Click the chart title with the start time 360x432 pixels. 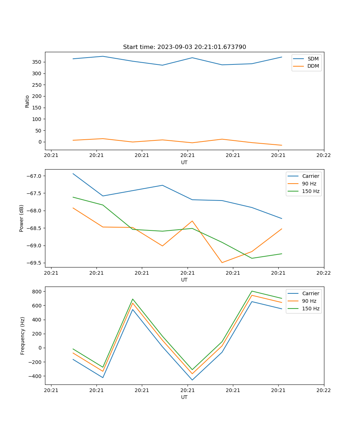(x=184, y=47)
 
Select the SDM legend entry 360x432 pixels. (x=313, y=59)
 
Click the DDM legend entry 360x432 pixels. (x=313, y=66)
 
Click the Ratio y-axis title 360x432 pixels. (x=27, y=101)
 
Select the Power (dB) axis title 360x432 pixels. (x=22, y=218)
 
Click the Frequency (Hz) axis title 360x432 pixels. (x=22, y=336)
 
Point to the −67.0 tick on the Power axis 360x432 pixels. (x=35, y=176)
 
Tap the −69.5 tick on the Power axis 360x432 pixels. (x=35, y=263)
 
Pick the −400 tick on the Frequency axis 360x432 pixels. (x=36, y=376)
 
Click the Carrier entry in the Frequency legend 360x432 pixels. (x=310, y=293)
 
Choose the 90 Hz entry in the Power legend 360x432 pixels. (x=309, y=184)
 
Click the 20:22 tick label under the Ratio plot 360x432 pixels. (x=324, y=156)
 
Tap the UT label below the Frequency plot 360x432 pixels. (x=184, y=397)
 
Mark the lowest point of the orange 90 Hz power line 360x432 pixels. (x=222, y=262)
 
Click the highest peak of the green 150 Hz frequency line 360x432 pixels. (x=252, y=291)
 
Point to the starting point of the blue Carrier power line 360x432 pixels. (x=73, y=174)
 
